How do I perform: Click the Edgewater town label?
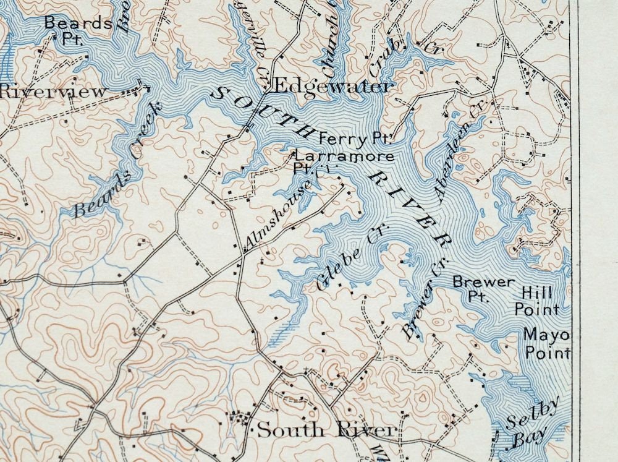332,86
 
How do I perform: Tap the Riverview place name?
53,92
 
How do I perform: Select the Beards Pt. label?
78,28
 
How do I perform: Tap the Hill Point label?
537,301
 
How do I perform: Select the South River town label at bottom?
326,429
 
